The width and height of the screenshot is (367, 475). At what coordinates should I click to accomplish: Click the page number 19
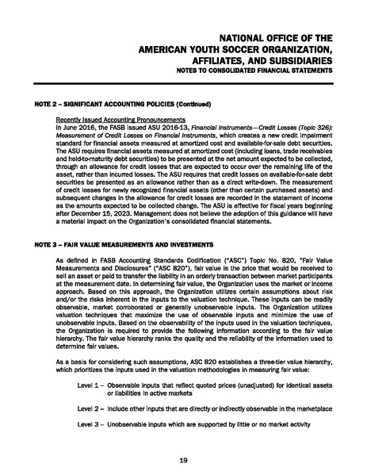point(183,459)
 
